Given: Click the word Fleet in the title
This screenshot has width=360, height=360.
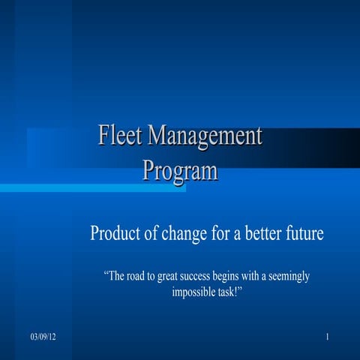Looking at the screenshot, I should click(x=120, y=137).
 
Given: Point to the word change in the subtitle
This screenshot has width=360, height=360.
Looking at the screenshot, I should click(x=181, y=233).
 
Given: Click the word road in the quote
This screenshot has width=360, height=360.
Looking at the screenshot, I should click(x=142, y=277).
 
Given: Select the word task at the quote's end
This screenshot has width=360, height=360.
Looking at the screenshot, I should click(x=229, y=292).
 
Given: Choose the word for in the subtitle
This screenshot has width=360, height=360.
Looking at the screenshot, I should click(x=218, y=233).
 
